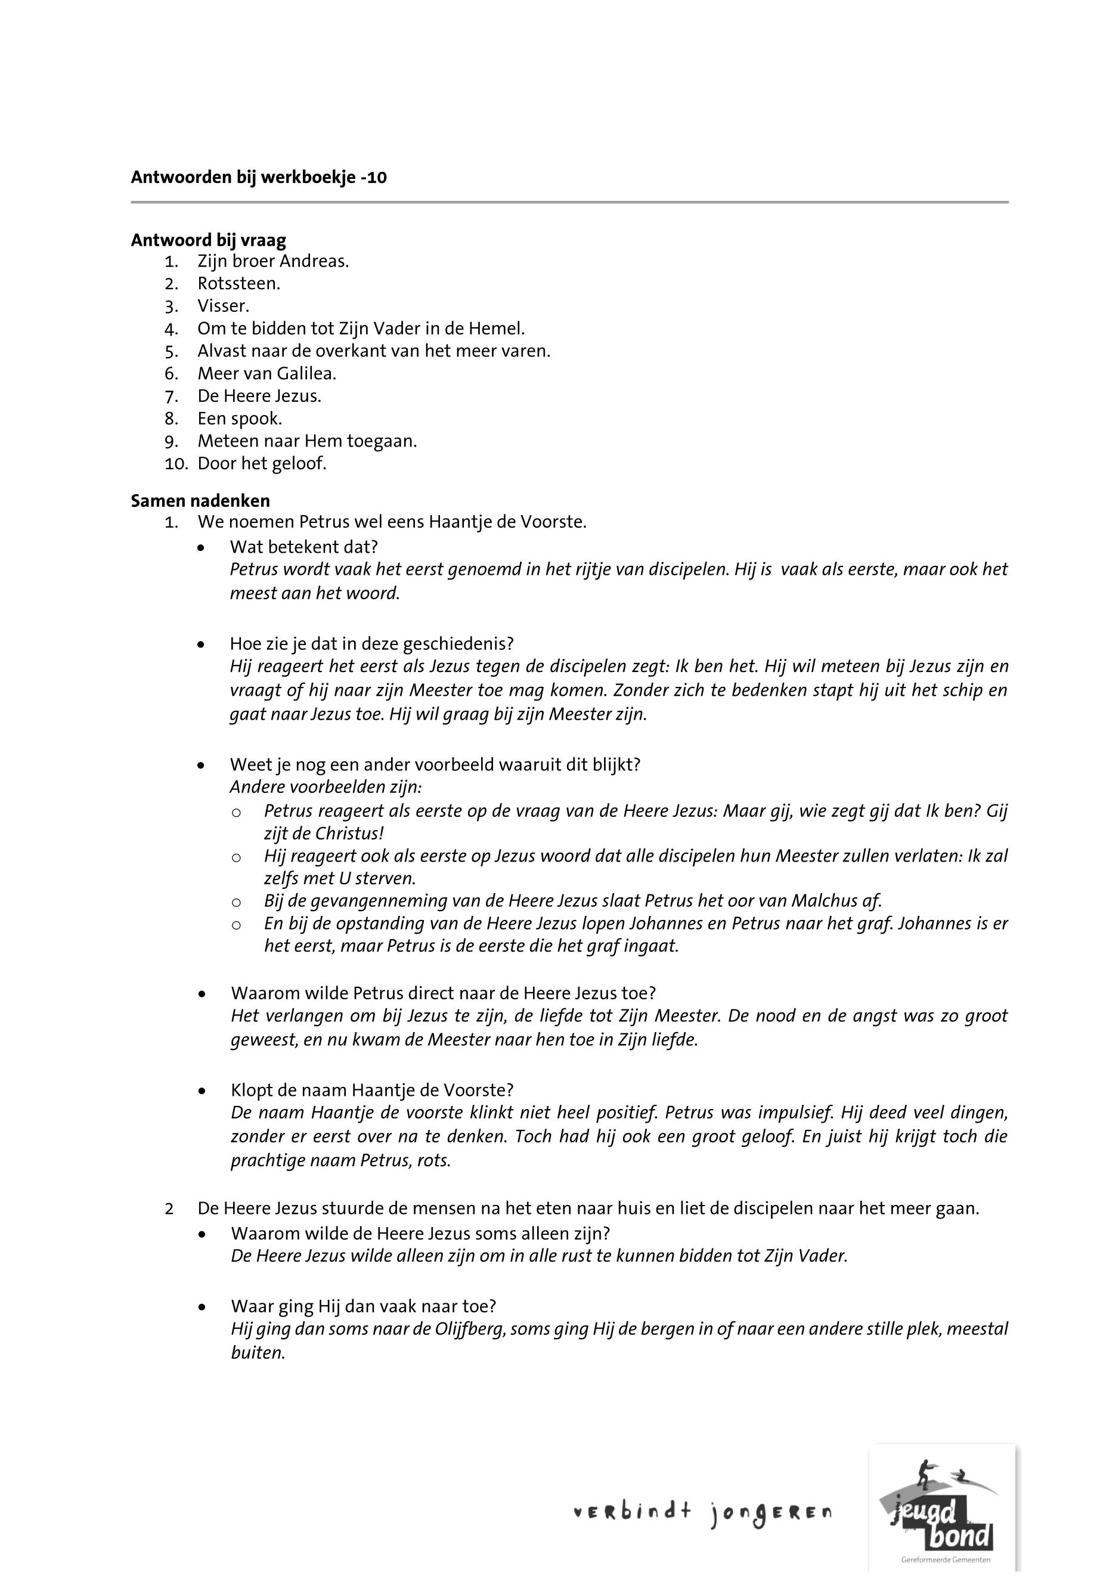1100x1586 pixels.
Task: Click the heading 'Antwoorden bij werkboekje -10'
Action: click(x=259, y=178)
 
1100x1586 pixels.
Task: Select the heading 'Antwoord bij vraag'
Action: click(x=208, y=240)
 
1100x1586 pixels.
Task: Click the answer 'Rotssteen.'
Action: click(x=238, y=283)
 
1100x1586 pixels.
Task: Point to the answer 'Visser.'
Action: click(x=224, y=305)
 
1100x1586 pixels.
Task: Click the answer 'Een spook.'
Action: click(x=239, y=419)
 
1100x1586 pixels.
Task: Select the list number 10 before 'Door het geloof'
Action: click(x=176, y=463)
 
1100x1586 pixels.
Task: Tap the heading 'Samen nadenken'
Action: click(x=200, y=500)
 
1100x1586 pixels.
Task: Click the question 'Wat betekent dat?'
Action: click(x=304, y=547)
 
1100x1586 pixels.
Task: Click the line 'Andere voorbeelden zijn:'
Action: click(x=326, y=787)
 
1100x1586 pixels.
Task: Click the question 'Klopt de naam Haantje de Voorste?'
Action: click(x=372, y=1091)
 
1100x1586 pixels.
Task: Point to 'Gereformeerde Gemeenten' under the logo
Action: click(x=945, y=1560)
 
